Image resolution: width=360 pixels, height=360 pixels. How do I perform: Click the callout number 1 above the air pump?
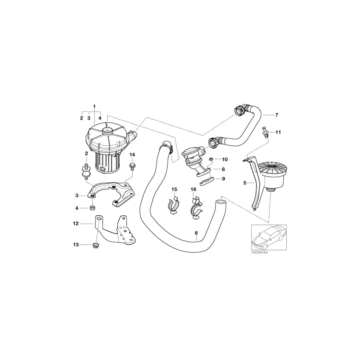click(x=94, y=106)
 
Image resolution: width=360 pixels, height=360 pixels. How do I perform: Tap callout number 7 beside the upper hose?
click(x=276, y=115)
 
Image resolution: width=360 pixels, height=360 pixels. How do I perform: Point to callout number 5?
click(x=245, y=183)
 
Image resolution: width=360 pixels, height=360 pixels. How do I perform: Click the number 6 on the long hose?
click(x=196, y=233)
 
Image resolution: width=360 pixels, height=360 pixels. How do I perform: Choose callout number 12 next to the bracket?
click(x=76, y=224)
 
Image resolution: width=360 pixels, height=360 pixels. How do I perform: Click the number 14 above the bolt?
click(x=132, y=154)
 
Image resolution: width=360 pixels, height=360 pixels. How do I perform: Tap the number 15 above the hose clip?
click(x=174, y=189)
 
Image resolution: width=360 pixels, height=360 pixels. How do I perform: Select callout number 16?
click(x=193, y=189)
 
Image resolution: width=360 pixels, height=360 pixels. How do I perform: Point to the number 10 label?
click(x=224, y=160)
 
